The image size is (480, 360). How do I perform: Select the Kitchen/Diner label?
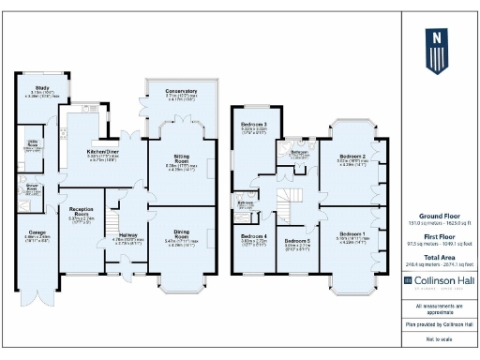[x=103, y=150]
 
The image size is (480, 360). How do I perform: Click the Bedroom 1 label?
[x=352, y=232]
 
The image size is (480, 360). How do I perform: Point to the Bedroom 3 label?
[x=253, y=124]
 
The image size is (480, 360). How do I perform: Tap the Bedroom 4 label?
[x=252, y=235]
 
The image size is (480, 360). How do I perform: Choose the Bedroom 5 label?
[x=297, y=241]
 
